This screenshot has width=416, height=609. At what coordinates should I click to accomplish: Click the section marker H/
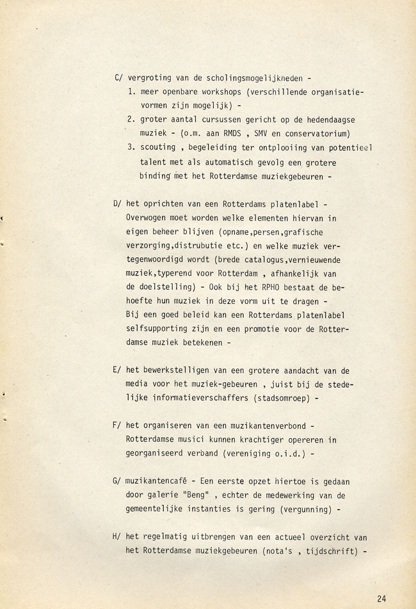click(117, 537)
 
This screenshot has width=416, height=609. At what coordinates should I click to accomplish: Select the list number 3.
click(129, 148)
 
